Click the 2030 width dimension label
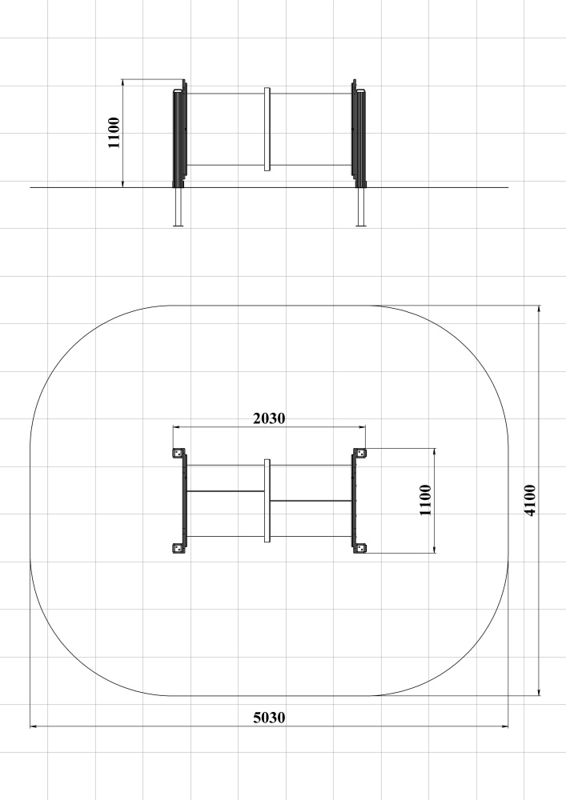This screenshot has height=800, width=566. pyautogui.click(x=269, y=418)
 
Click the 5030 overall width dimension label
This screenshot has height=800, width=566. pyautogui.click(x=269, y=718)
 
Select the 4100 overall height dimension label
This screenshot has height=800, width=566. pyautogui.click(x=530, y=501)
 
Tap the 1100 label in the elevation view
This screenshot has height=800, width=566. pyautogui.click(x=114, y=133)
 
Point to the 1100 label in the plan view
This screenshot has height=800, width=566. pyautogui.click(x=425, y=501)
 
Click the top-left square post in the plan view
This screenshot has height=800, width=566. pyautogui.click(x=178, y=453)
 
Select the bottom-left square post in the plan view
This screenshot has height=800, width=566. pyautogui.click(x=178, y=549)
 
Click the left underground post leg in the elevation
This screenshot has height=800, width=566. pyautogui.click(x=178, y=206)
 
